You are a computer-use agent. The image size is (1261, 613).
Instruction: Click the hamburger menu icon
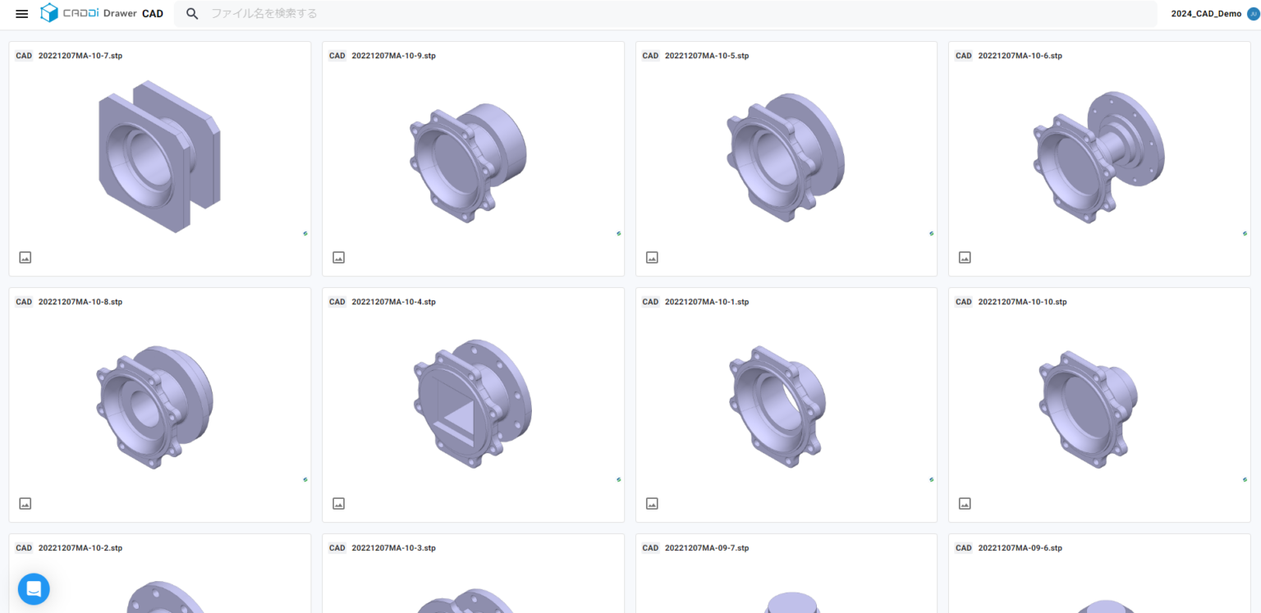point(22,14)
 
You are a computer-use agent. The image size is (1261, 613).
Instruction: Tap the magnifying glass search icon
point(192,14)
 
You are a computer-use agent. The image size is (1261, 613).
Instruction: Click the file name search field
point(575,14)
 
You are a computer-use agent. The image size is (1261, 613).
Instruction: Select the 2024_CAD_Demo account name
point(1206,14)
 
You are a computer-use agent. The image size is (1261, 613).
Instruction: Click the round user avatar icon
point(1253,14)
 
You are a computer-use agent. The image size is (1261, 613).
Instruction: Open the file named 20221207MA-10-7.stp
point(80,56)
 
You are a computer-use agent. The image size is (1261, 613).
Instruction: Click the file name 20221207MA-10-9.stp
point(393,56)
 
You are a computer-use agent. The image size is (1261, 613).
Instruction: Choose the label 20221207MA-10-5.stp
point(707,56)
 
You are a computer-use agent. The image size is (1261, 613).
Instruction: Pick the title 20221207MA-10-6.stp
point(1020,56)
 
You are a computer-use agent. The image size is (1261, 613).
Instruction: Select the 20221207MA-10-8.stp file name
point(80,302)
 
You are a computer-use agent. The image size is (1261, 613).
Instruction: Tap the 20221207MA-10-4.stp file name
point(393,302)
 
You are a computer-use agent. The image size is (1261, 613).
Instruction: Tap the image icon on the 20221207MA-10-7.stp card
point(25,258)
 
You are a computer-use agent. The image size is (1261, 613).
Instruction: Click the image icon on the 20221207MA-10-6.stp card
point(965,258)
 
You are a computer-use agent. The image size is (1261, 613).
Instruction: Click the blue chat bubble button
point(34,588)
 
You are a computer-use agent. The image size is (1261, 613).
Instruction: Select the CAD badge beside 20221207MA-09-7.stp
point(650,548)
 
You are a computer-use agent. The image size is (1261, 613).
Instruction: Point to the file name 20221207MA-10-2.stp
point(80,548)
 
